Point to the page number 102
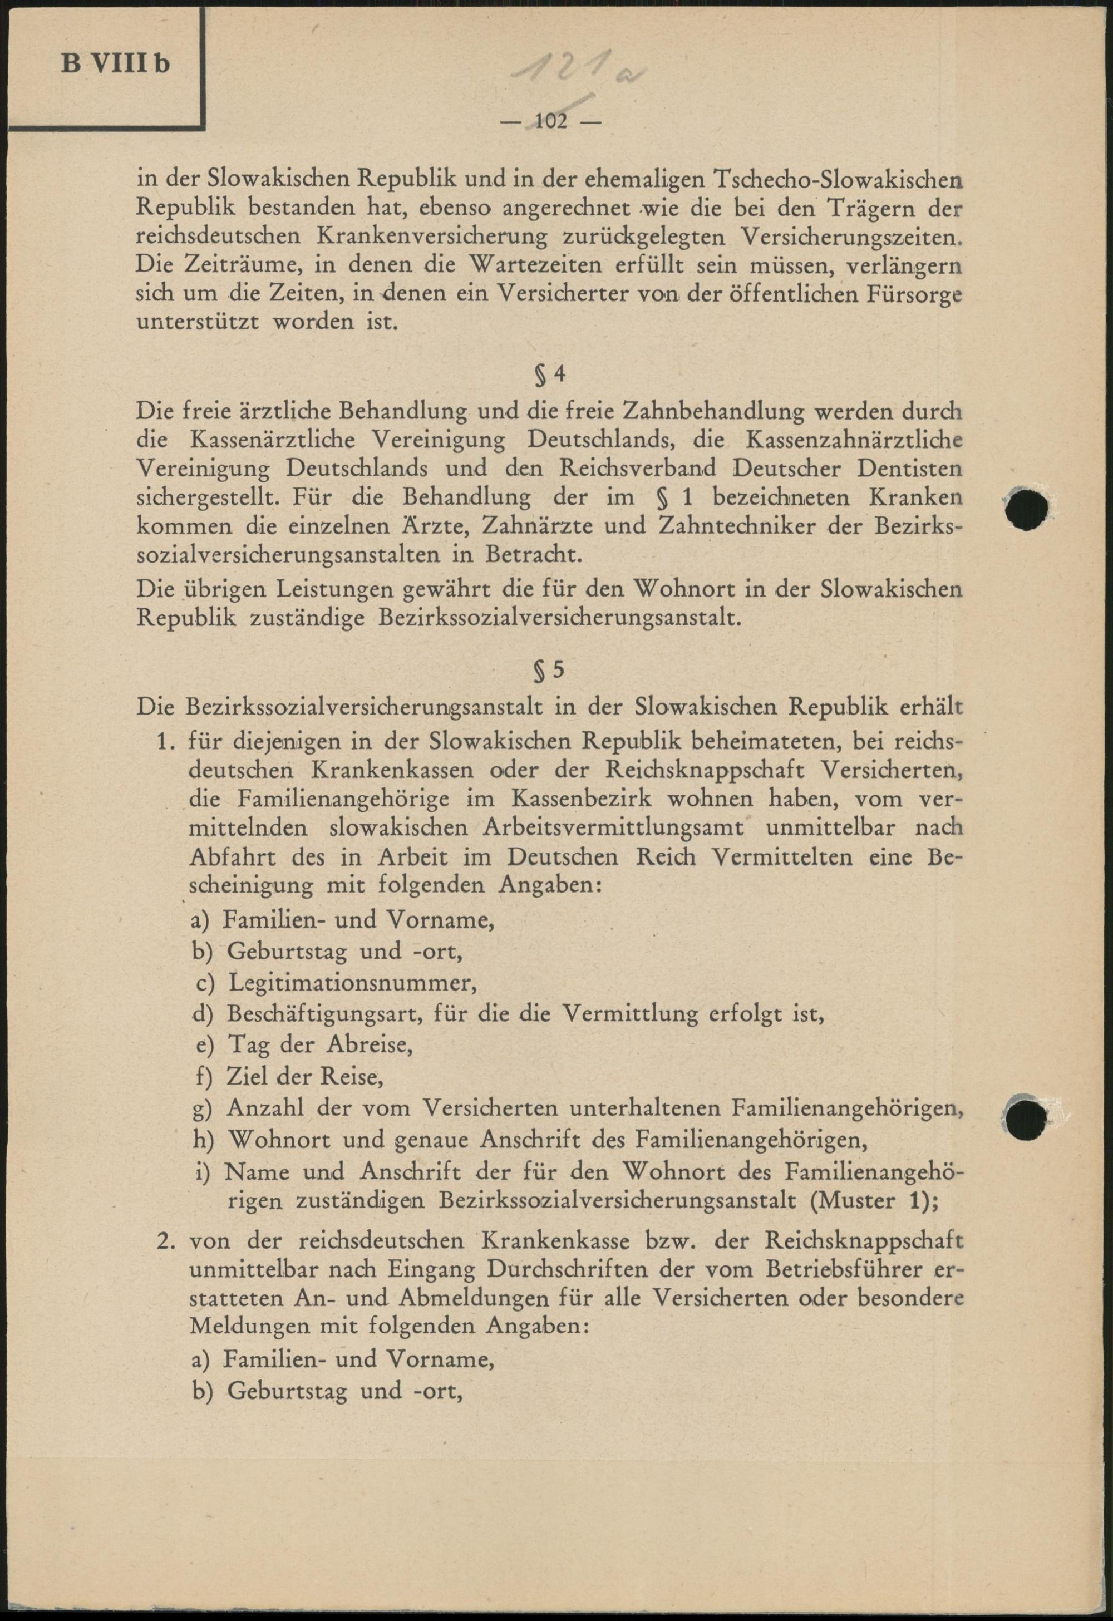[x=551, y=122]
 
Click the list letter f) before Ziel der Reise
[x=204, y=1077]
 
